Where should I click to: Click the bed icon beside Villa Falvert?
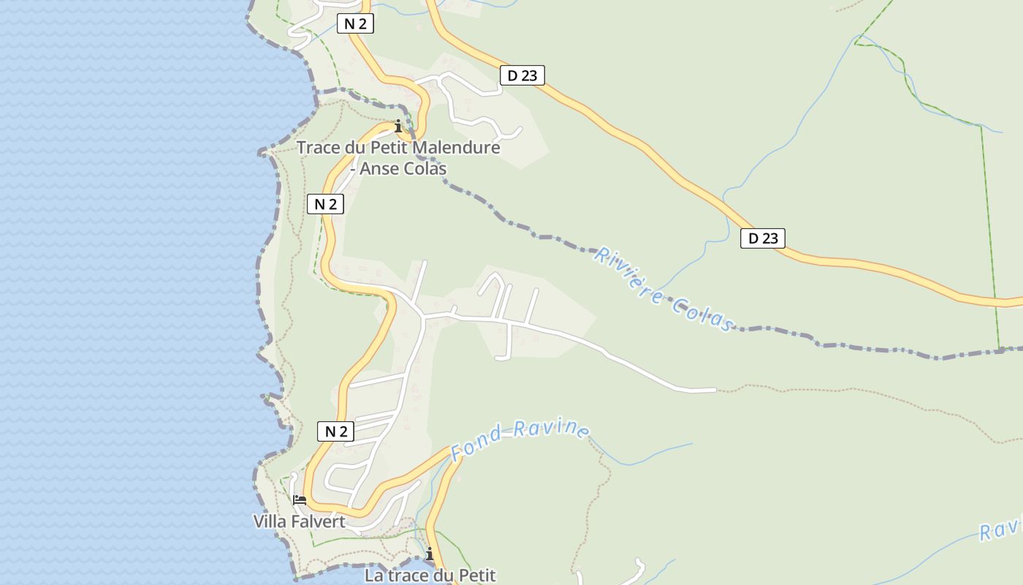click(x=300, y=500)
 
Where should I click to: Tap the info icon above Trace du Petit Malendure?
click(x=398, y=127)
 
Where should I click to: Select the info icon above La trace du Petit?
click(x=430, y=554)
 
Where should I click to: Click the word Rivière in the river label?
click(x=628, y=279)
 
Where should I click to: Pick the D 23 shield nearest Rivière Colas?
click(x=762, y=238)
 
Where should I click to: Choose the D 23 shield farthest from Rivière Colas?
click(x=522, y=75)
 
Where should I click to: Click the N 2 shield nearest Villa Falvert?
click(x=335, y=431)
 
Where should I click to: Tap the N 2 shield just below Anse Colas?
click(x=325, y=204)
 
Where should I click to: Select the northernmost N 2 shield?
click(x=355, y=23)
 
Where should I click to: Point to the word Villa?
click(x=269, y=521)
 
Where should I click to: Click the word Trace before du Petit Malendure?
click(x=319, y=148)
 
